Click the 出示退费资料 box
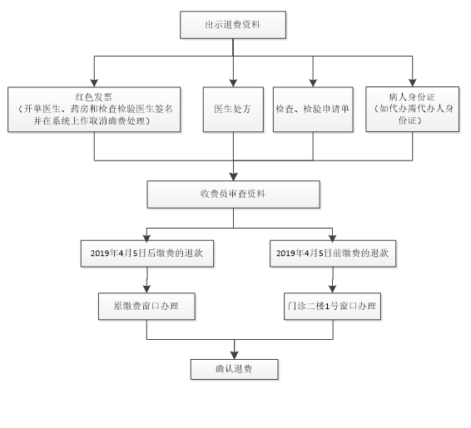tap(233, 25)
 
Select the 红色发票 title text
tap(94, 97)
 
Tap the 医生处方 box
tap(233, 110)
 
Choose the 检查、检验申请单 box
tap(313, 110)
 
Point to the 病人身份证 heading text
tap(412, 97)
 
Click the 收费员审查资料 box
tap(233, 194)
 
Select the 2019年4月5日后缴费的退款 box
tap(147, 253)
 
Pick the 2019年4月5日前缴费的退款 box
tap(333, 253)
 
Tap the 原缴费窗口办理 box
tap(146, 306)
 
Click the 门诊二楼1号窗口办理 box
tap(332, 306)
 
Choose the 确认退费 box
tap(235, 369)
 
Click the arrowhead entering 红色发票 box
tap(94, 83)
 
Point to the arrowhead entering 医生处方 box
tap(233, 83)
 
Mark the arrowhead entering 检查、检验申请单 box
tap(313, 83)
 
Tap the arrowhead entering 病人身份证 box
tap(413, 83)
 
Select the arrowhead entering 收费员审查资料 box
tap(233, 177)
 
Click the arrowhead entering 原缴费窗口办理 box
tap(146, 289)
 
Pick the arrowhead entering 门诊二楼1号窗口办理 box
tap(332, 289)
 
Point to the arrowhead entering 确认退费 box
tap(235, 355)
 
